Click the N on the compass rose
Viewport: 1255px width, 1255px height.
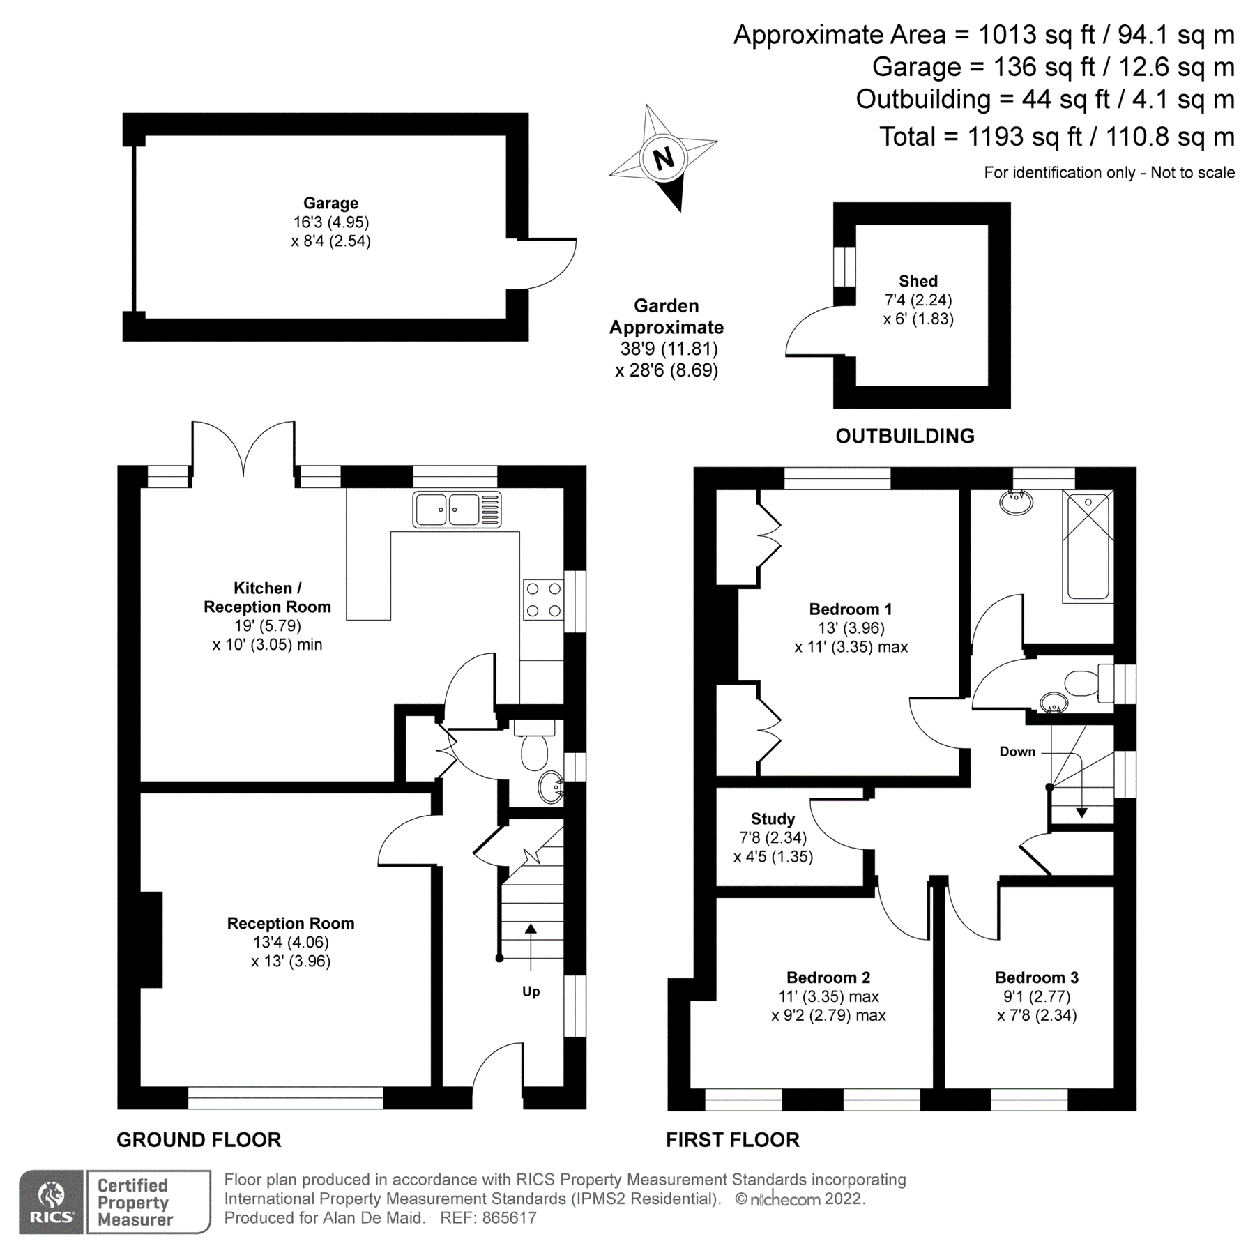[663, 158]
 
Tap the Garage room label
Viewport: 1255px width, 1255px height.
[330, 203]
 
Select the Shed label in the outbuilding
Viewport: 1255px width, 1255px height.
[918, 281]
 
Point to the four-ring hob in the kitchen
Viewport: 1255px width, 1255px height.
[543, 600]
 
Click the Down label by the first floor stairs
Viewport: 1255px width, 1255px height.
[1017, 752]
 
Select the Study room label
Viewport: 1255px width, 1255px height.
[773, 819]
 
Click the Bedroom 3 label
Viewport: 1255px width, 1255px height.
[1036, 978]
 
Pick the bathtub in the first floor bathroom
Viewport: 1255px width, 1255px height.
[1088, 545]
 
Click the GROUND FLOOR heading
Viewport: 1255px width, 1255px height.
[199, 1140]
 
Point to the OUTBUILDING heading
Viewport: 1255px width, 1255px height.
[904, 436]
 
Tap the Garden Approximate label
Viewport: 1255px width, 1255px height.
[666, 317]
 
